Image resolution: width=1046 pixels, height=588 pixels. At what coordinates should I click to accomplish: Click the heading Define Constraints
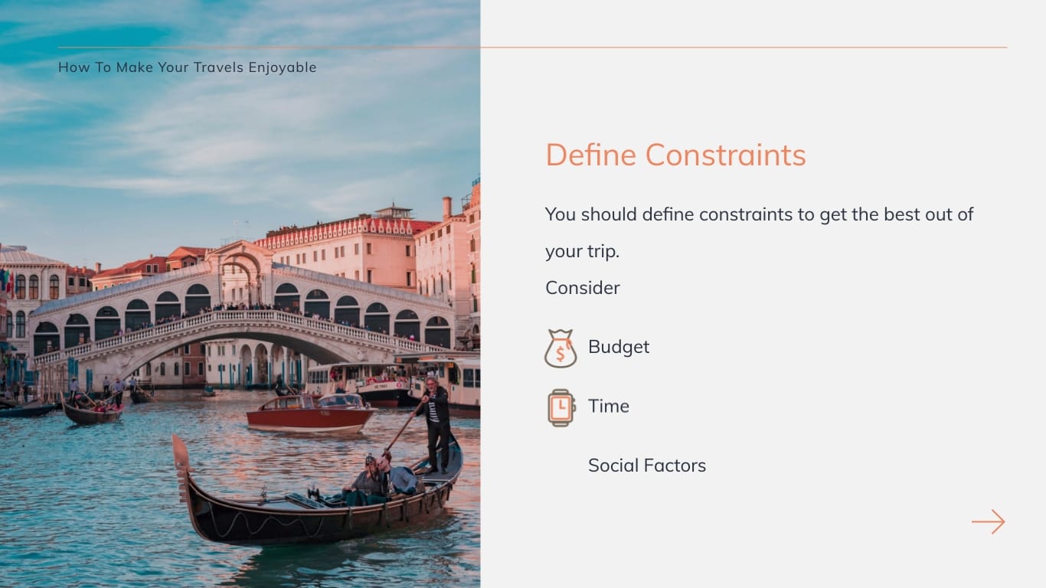(x=675, y=155)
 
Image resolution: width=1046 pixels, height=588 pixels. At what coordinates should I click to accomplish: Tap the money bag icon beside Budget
(x=561, y=348)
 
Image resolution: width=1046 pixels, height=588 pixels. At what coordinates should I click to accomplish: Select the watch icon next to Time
(x=561, y=407)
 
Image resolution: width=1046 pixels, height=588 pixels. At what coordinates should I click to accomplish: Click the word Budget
(x=619, y=347)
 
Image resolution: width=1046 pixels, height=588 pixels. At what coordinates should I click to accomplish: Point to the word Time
(x=609, y=406)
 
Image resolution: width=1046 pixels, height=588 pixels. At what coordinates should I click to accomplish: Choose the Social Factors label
(x=647, y=465)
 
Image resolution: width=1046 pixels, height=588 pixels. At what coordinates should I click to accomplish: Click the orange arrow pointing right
(x=988, y=521)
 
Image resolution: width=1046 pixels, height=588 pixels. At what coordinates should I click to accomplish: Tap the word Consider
(x=583, y=288)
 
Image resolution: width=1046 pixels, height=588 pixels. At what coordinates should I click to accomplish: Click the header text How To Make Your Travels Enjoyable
(x=188, y=67)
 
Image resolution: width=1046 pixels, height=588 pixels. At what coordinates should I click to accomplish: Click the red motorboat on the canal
(x=310, y=414)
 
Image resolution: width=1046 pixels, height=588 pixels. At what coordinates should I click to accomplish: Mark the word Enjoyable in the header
(x=283, y=67)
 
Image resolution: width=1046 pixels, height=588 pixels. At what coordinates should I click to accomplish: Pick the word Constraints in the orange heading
(x=725, y=155)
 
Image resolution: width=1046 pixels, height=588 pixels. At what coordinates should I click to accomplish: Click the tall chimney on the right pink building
(x=446, y=207)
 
